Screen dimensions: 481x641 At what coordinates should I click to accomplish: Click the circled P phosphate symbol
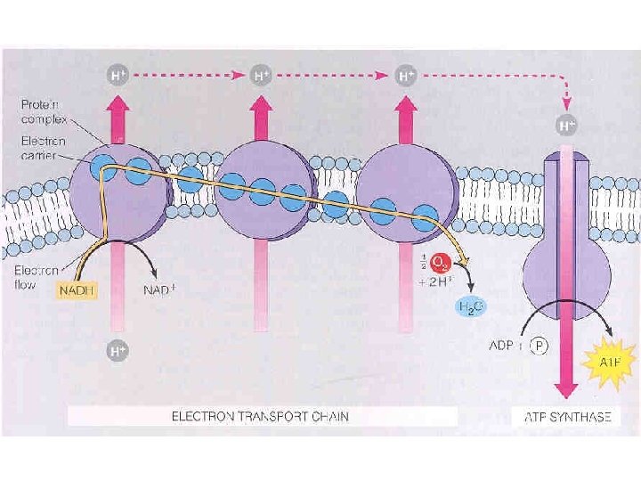click(540, 346)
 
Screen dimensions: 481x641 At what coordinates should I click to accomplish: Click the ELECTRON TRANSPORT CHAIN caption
click(260, 415)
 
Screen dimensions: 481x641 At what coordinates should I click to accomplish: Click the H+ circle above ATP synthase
click(565, 126)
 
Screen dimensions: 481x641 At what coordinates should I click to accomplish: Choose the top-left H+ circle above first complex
click(117, 75)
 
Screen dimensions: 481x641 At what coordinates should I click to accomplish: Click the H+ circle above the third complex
click(406, 76)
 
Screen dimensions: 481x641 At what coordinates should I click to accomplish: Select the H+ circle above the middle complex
click(261, 75)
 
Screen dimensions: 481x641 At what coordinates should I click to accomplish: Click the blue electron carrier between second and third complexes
click(335, 200)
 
